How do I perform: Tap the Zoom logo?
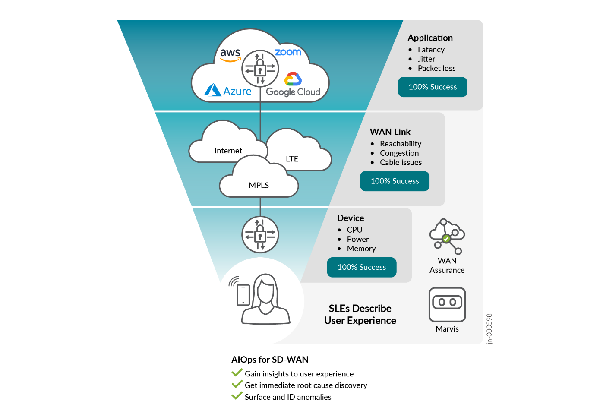pyautogui.click(x=288, y=52)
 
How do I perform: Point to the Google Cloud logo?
pyautogui.click(x=293, y=85)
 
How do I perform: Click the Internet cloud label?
pyautogui.click(x=228, y=151)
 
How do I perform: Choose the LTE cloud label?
pyautogui.click(x=292, y=159)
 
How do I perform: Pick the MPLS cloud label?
pyautogui.click(x=259, y=185)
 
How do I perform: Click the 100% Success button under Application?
pyautogui.click(x=433, y=87)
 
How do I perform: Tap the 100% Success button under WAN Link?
pyautogui.click(x=395, y=181)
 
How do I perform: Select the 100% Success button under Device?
pyautogui.click(x=362, y=267)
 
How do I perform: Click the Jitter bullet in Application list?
pyautogui.click(x=426, y=59)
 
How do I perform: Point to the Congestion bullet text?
pyautogui.click(x=399, y=153)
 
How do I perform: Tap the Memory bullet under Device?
pyautogui.click(x=361, y=249)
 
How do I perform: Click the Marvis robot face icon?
pyautogui.click(x=447, y=304)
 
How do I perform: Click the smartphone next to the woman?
pyautogui.click(x=243, y=295)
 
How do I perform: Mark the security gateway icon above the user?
pyautogui.click(x=260, y=235)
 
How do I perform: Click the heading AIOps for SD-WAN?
pyautogui.click(x=270, y=360)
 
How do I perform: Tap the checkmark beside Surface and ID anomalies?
pyautogui.click(x=237, y=396)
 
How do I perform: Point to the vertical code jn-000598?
pyautogui.click(x=489, y=328)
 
